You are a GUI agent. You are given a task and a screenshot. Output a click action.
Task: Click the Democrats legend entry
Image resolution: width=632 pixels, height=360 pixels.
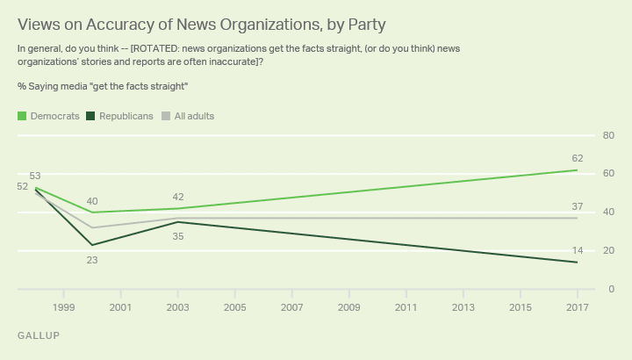(54, 116)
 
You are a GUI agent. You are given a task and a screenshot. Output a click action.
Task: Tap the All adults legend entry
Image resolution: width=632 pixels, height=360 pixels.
(192, 116)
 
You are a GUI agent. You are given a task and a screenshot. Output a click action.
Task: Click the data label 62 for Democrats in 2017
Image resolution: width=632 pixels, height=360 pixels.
(577, 158)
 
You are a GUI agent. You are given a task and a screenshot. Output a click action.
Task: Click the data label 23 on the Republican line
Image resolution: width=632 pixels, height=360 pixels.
(91, 260)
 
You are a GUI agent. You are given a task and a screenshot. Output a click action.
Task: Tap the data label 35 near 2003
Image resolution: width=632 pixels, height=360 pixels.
(178, 237)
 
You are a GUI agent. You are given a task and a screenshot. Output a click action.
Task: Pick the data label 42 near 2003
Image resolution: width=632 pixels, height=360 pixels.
(178, 197)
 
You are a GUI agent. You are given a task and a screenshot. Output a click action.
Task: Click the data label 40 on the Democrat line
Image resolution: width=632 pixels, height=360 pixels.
(91, 199)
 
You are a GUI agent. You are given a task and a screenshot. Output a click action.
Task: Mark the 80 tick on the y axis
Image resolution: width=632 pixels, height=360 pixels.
(607, 135)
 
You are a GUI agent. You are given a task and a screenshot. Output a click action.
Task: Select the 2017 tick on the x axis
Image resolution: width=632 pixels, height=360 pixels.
(577, 307)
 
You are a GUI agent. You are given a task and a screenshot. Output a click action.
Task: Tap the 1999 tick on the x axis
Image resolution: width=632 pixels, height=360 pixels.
(62, 307)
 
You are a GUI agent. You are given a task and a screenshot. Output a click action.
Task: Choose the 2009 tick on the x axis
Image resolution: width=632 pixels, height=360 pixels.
(348, 307)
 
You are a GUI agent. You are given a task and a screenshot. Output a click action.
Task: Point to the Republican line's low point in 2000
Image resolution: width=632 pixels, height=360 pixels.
(91, 245)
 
